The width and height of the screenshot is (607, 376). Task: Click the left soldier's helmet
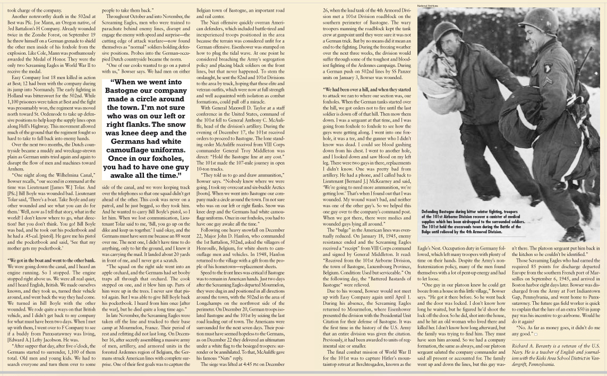click(x=447, y=32)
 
